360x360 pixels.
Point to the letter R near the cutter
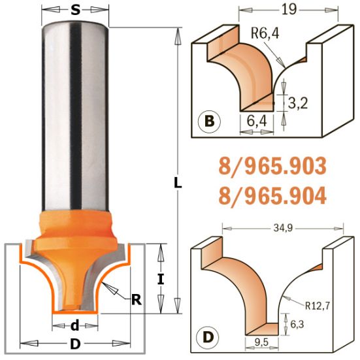click(136, 300)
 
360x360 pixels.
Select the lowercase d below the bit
click(75, 325)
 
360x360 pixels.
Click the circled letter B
click(208, 121)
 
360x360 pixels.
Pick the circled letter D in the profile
click(208, 338)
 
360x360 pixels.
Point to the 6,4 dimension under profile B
click(257, 121)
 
